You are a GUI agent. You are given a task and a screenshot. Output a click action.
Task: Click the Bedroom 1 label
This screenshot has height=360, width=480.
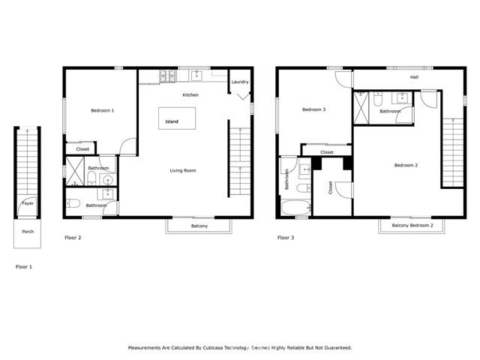(x=103, y=111)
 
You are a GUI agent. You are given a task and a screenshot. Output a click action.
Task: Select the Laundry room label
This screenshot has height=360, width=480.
(x=240, y=82)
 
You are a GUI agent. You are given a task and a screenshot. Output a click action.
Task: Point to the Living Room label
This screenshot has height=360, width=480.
(x=183, y=171)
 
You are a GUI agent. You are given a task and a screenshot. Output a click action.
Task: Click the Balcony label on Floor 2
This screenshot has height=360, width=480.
(x=199, y=226)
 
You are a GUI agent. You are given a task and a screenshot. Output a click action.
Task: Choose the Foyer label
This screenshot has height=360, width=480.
(x=28, y=203)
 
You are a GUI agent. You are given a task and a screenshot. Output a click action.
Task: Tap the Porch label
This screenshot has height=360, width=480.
(x=28, y=232)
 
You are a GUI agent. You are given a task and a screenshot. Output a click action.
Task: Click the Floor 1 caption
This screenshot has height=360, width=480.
(x=24, y=266)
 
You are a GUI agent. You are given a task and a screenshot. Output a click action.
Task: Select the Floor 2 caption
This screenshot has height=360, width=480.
(x=73, y=238)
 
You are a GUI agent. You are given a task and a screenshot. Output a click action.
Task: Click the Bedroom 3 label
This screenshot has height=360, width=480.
(x=313, y=110)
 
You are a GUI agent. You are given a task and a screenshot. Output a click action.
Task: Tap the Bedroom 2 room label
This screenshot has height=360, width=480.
(x=406, y=165)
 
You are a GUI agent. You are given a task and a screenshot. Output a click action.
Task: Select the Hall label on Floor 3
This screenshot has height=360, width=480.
(x=414, y=77)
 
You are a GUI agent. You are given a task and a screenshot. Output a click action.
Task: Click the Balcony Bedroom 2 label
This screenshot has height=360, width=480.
(x=412, y=225)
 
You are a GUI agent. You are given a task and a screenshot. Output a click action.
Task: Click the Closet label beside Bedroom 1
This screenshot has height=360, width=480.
(x=82, y=149)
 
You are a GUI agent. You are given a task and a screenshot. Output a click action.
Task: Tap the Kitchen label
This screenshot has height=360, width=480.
(x=190, y=95)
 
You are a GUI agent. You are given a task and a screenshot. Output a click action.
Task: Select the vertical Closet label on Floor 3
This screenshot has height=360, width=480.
(x=331, y=188)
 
